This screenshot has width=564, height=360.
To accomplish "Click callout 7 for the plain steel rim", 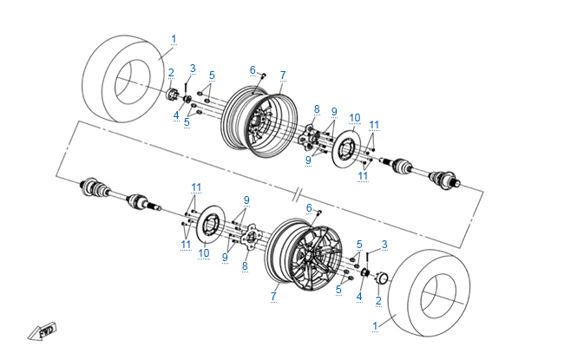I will [283, 75].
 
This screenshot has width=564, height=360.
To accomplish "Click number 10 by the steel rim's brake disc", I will [354, 117].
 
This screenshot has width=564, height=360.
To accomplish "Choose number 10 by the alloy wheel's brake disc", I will [204, 253].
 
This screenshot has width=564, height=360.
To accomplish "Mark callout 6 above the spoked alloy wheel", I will [309, 207].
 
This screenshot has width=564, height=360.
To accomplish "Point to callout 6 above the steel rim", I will [252, 69].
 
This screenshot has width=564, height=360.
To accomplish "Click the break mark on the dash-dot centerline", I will [298, 188].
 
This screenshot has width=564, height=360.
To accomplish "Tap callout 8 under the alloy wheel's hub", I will [245, 265].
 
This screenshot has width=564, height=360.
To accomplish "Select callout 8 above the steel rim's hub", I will [317, 109].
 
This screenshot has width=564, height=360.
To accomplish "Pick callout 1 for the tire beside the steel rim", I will [174, 38].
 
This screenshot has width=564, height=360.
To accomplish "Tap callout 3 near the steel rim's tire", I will [193, 68].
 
